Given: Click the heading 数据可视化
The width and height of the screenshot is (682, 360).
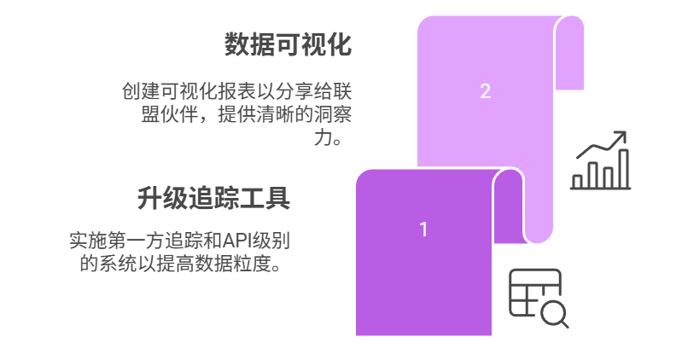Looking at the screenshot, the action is point(288,44).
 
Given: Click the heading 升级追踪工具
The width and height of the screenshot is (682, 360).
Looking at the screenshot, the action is point(213,198).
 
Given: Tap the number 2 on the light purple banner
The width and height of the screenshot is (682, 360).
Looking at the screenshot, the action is point(486,91).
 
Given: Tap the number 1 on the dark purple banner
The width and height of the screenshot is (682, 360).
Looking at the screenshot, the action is point(423,229).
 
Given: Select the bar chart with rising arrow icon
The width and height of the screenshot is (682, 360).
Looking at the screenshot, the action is point(601,160).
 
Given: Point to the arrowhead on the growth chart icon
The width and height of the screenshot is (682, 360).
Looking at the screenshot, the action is point(621,136).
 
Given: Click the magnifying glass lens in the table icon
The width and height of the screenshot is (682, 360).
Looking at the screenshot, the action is point(553,313).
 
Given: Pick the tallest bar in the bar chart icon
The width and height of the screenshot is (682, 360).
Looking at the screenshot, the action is point(623,169).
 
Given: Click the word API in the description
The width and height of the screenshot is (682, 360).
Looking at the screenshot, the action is point(235,241).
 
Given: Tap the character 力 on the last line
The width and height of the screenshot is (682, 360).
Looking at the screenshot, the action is point(324,138).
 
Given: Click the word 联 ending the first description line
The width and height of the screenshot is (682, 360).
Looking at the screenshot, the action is point(342,92).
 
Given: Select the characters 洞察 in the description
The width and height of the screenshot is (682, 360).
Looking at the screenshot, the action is point(333,115).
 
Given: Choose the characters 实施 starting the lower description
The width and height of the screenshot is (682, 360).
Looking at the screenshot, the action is point(88,241).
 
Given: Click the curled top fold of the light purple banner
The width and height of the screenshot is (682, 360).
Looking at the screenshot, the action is point(569,52).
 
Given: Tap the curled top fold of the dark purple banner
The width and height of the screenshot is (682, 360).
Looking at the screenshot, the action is point(508,205).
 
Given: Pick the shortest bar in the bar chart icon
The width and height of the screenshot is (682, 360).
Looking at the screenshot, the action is point(577,182).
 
